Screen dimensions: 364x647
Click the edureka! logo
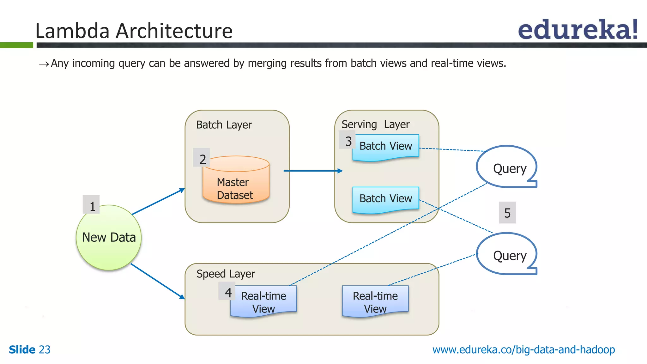[x=577, y=30]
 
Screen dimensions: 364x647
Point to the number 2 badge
[x=202, y=158]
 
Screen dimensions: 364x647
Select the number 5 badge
[x=507, y=213]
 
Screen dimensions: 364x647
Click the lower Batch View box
[x=386, y=199]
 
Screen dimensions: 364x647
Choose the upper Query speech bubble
[x=507, y=167]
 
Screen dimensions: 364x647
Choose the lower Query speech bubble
[x=507, y=255]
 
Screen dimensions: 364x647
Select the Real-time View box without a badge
[x=375, y=301]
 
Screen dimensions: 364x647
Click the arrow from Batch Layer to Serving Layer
[x=313, y=171]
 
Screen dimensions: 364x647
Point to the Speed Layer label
[x=226, y=274]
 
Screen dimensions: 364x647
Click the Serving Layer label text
[x=375, y=124]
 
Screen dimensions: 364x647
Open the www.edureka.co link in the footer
[x=523, y=350]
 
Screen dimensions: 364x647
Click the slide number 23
[x=45, y=350]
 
